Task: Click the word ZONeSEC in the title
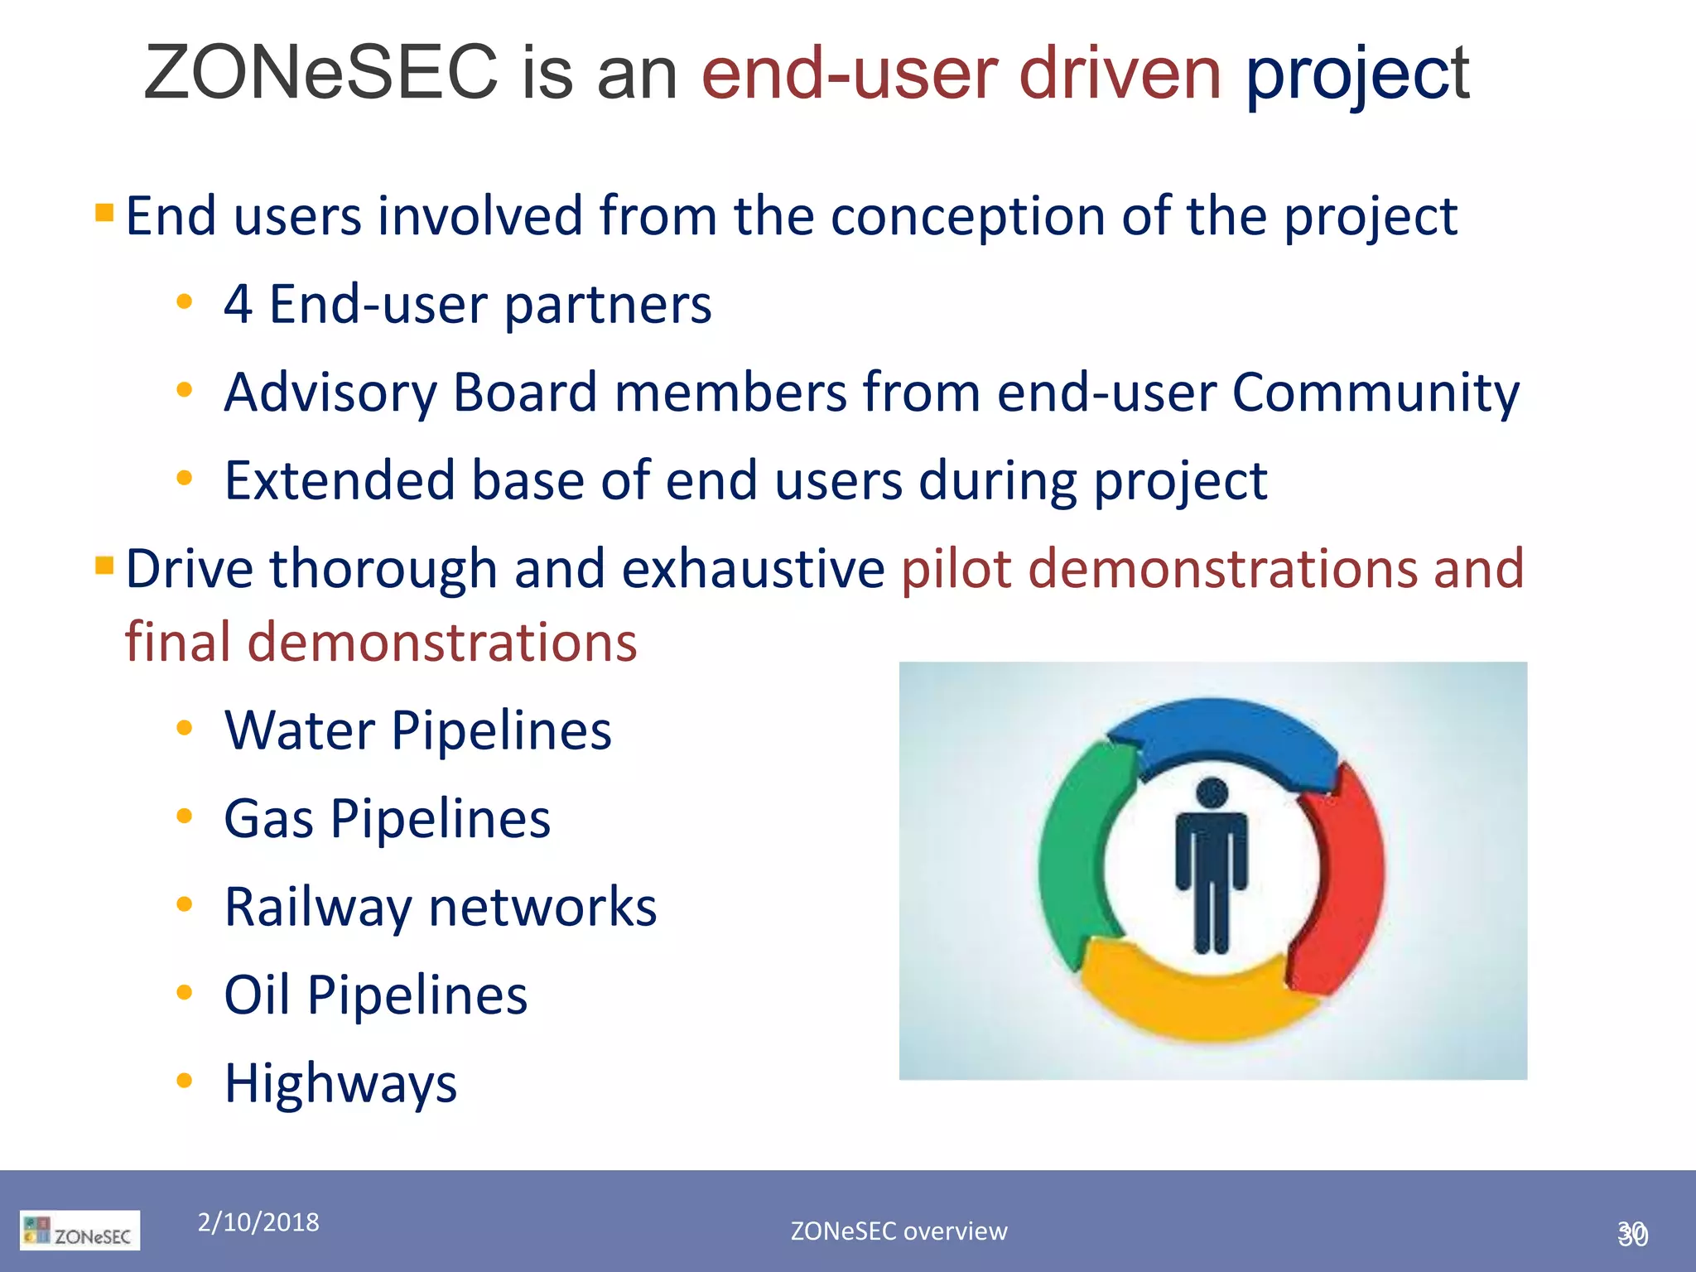click(x=320, y=73)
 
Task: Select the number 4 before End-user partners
click(x=238, y=305)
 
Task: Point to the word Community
click(x=1376, y=393)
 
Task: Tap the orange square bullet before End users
click(x=104, y=214)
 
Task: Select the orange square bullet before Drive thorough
click(x=104, y=566)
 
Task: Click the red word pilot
click(x=956, y=569)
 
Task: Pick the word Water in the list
click(x=300, y=730)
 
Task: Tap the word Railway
click(x=318, y=908)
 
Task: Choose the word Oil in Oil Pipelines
click(x=257, y=995)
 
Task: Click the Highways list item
click(x=340, y=1083)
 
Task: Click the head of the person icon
click(x=1212, y=793)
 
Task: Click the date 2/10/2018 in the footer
click(x=258, y=1222)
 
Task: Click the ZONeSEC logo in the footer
click(x=80, y=1231)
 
